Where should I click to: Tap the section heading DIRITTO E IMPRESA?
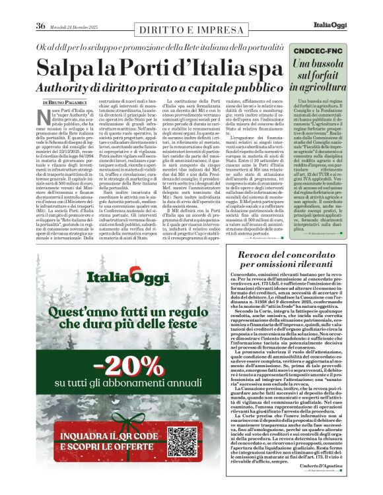[191, 28]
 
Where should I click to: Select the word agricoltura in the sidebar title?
[339, 86]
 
